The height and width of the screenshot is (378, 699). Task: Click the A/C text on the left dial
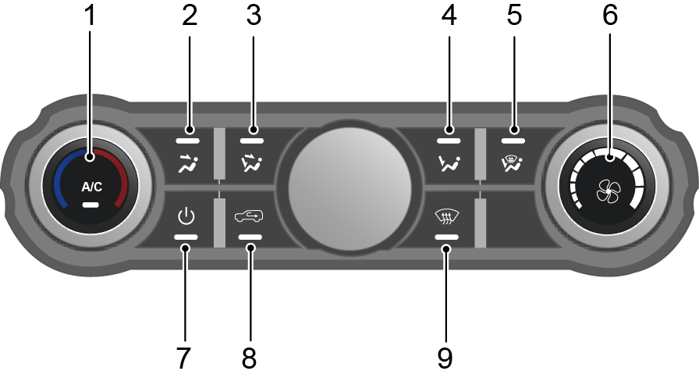point(92,187)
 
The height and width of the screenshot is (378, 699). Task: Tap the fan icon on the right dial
point(609,191)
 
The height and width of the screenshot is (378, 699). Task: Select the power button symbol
point(186,216)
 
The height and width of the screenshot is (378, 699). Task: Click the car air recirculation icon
point(249,216)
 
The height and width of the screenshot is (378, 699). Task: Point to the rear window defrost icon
point(447,216)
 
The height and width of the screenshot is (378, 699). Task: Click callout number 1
point(90,15)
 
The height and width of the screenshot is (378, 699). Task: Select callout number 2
point(190,15)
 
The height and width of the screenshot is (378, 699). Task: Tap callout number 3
point(254,15)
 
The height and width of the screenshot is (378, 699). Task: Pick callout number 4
point(449,15)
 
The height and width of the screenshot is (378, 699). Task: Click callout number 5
point(514,15)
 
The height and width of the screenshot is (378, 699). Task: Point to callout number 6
point(610,15)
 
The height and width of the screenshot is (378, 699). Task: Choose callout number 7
point(183,358)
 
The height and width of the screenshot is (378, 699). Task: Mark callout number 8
point(249,358)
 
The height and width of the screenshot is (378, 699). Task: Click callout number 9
point(445,358)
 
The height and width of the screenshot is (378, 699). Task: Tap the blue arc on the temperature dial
point(60,175)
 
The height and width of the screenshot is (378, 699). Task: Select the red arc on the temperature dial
point(121,175)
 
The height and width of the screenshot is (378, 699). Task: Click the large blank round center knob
point(350,187)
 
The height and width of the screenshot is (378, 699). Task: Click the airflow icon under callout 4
point(449,163)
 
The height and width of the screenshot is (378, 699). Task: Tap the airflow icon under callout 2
point(188,163)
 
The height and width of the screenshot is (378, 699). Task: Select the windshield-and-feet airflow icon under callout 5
point(512,163)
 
